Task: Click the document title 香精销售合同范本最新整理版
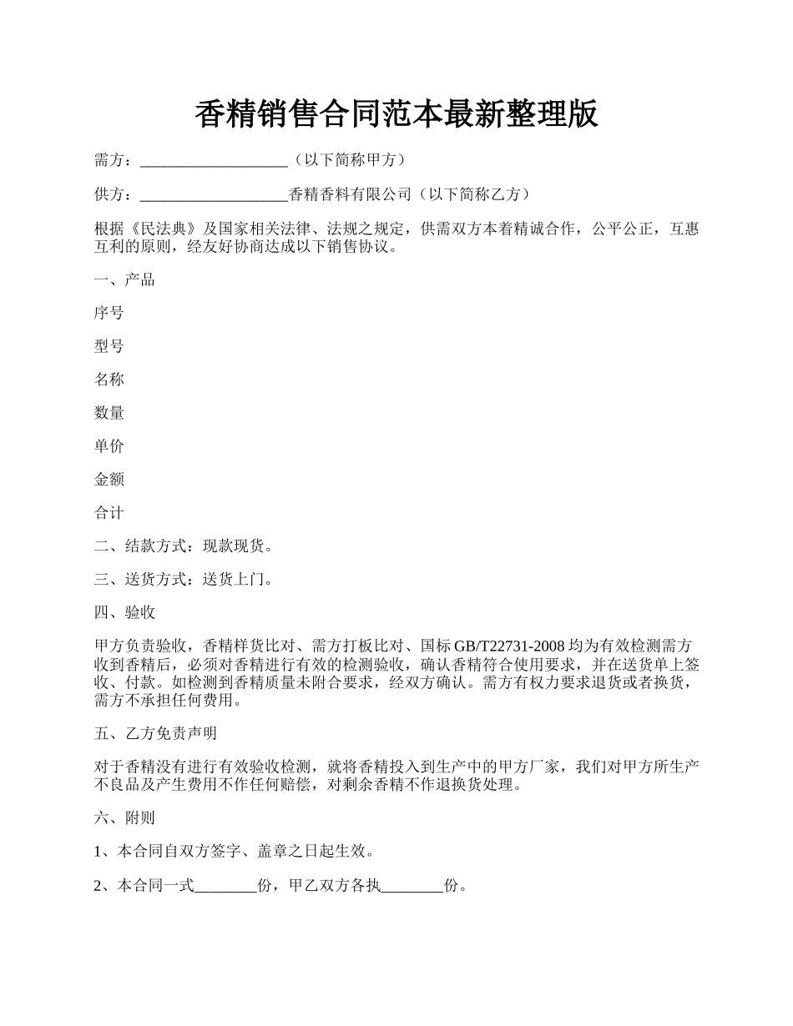click(396, 115)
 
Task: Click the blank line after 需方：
click(214, 160)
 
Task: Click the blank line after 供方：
click(214, 194)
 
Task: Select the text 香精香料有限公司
click(350, 194)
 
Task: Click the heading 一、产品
click(124, 279)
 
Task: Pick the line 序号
click(109, 313)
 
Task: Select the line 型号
click(109, 346)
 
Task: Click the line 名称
click(109, 380)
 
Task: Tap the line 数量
click(109, 413)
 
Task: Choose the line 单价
click(109, 446)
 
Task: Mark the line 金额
click(109, 480)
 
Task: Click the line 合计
click(109, 513)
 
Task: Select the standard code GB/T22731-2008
click(509, 646)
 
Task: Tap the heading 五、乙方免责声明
click(155, 733)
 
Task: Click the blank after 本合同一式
click(225, 885)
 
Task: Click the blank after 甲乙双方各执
click(412, 885)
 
